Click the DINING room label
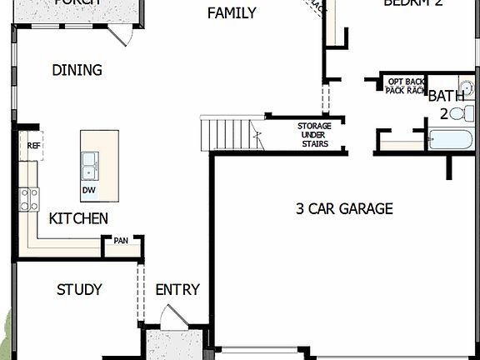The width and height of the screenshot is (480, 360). (x=77, y=70)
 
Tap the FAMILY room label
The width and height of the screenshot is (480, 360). (x=232, y=12)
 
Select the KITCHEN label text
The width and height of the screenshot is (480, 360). (x=78, y=218)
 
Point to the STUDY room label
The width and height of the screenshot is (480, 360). (x=79, y=289)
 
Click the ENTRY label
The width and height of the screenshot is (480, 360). (x=177, y=289)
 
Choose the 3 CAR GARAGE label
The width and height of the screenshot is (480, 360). (x=343, y=208)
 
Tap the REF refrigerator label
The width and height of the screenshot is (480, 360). (x=33, y=145)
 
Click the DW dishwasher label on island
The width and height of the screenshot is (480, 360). (x=88, y=190)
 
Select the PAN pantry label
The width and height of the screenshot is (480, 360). (x=122, y=240)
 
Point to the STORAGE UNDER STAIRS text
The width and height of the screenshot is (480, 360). (x=314, y=135)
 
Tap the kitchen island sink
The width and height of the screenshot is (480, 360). (x=88, y=167)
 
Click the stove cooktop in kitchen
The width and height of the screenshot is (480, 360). (x=29, y=198)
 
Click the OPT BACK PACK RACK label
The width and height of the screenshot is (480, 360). (x=406, y=85)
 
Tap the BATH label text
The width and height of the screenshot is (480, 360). (x=446, y=96)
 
